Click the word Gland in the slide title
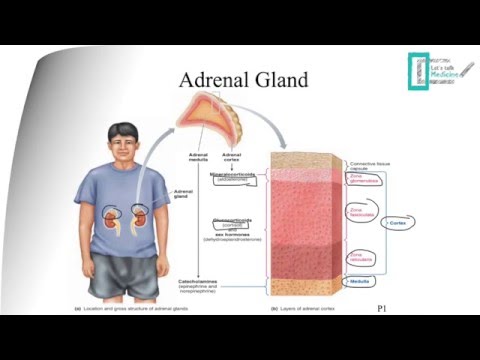tap(279, 81)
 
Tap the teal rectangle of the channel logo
tap(417, 71)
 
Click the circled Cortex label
tap(398, 222)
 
